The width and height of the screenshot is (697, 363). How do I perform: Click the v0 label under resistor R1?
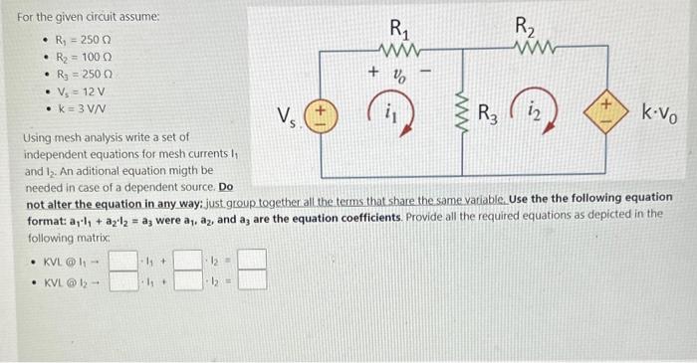click(396, 73)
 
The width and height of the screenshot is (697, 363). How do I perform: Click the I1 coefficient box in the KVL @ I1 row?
click(122, 262)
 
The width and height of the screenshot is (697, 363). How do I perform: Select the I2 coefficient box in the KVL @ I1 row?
click(187, 262)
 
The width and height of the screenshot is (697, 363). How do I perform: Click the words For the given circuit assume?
click(75, 17)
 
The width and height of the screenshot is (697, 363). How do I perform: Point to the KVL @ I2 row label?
click(66, 280)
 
